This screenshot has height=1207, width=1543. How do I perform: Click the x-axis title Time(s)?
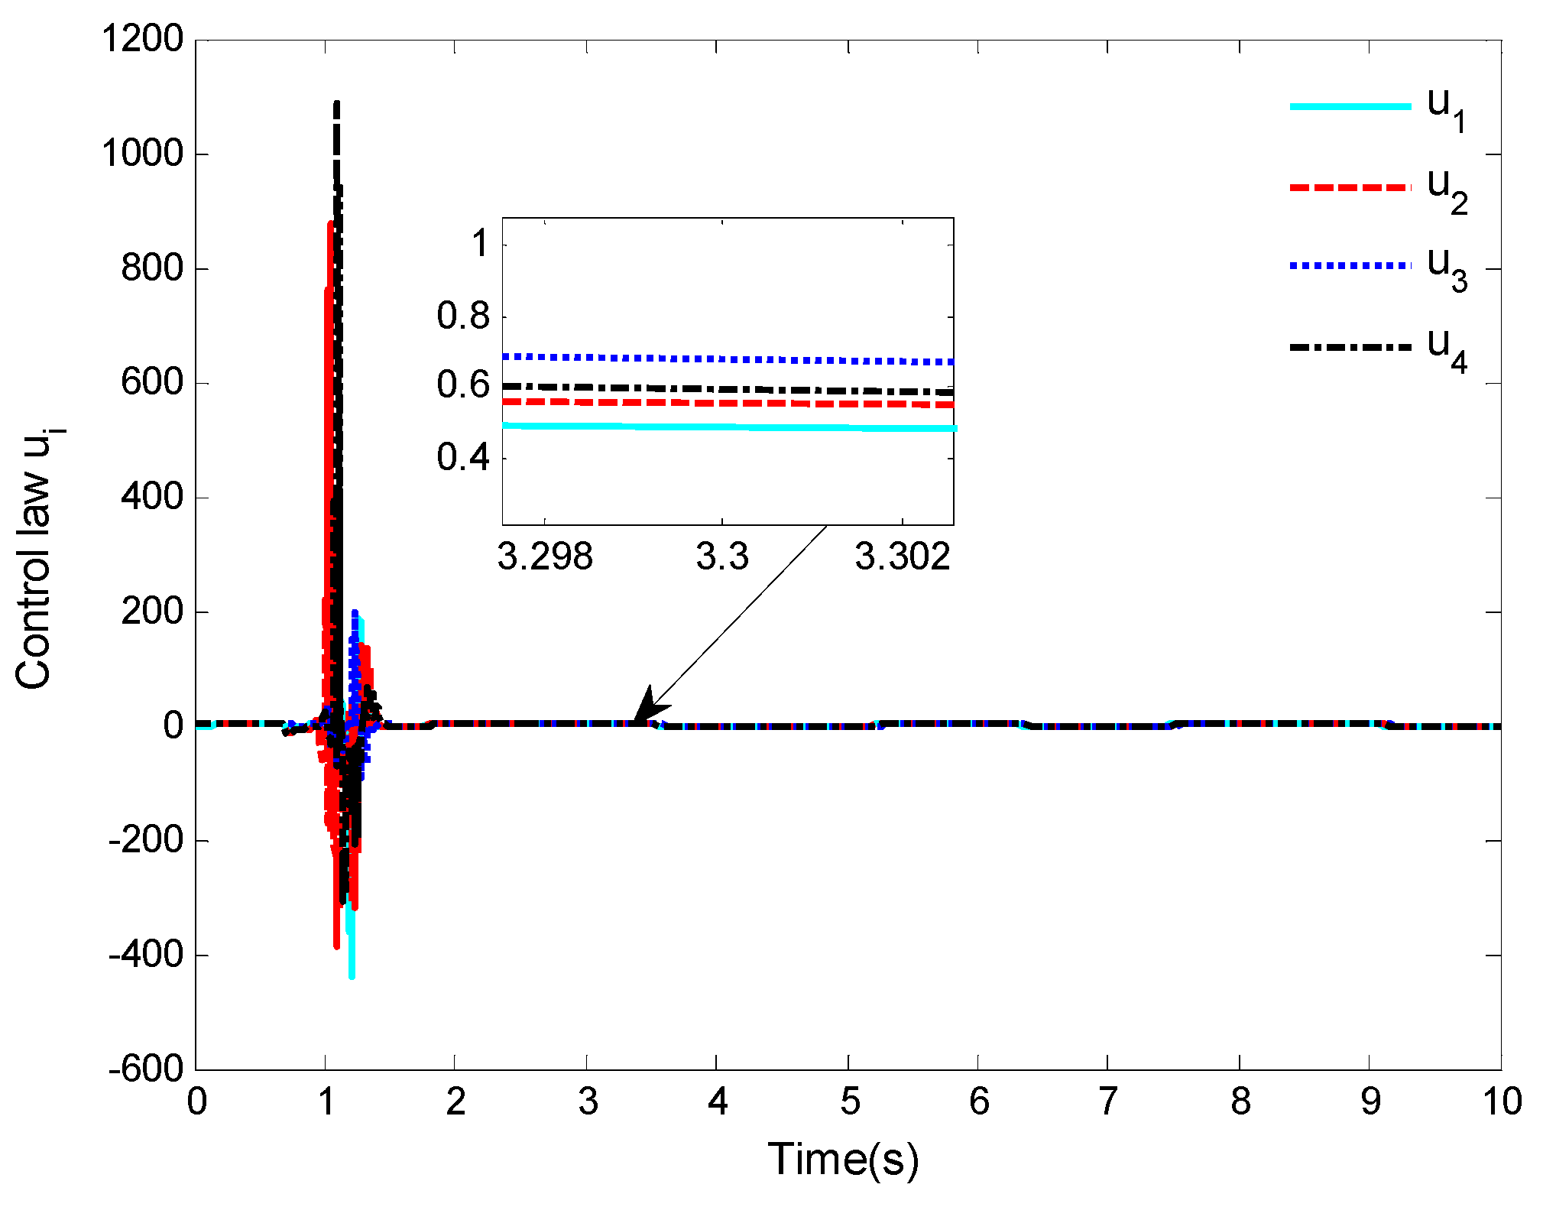tap(842, 1159)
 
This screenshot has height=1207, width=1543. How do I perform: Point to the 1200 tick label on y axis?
tap(143, 39)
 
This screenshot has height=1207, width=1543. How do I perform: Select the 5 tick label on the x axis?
tap(850, 1102)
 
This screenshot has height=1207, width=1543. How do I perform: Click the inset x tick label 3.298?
tap(545, 556)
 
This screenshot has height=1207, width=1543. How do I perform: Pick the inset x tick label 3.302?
tap(902, 556)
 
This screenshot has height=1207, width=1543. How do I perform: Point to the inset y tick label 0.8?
tap(463, 316)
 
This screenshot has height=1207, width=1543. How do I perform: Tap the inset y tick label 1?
tap(480, 245)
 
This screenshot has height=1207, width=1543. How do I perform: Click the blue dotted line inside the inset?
tap(726, 359)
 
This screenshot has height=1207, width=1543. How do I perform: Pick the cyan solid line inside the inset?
tap(726, 427)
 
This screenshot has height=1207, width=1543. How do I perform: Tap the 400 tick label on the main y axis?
tap(153, 497)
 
